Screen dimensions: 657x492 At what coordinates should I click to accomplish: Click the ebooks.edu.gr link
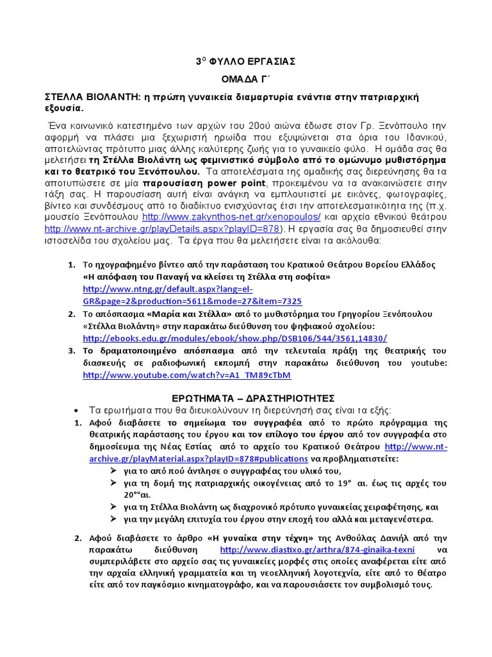[235, 337]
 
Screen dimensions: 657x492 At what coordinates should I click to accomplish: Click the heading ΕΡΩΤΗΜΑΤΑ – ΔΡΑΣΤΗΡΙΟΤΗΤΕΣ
[246, 398]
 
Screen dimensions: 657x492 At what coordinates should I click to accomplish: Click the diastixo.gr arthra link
[317, 550]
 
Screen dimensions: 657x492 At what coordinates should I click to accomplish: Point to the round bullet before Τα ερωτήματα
[78, 410]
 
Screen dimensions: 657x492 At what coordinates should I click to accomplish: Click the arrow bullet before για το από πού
[114, 470]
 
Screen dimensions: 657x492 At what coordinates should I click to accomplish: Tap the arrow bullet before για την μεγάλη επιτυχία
[114, 518]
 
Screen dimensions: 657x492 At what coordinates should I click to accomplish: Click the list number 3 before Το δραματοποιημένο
[72, 351]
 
